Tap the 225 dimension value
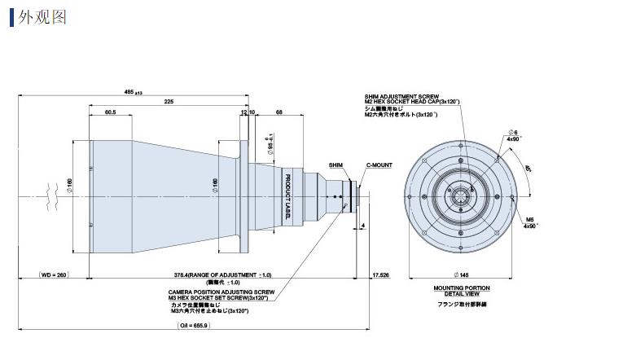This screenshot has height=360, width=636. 168,102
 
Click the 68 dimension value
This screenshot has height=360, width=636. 279,112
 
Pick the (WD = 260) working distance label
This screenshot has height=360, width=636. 55,275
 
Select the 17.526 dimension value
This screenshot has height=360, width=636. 379,275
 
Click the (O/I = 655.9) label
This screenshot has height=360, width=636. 194,325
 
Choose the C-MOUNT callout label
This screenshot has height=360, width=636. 379,165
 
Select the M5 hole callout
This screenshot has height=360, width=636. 529,219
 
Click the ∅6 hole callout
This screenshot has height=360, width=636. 512,132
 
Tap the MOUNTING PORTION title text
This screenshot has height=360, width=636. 462,288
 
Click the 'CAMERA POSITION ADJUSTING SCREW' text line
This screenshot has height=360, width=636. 221,291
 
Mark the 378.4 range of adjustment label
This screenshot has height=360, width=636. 222,275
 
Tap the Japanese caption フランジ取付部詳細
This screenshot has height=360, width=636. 462,304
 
